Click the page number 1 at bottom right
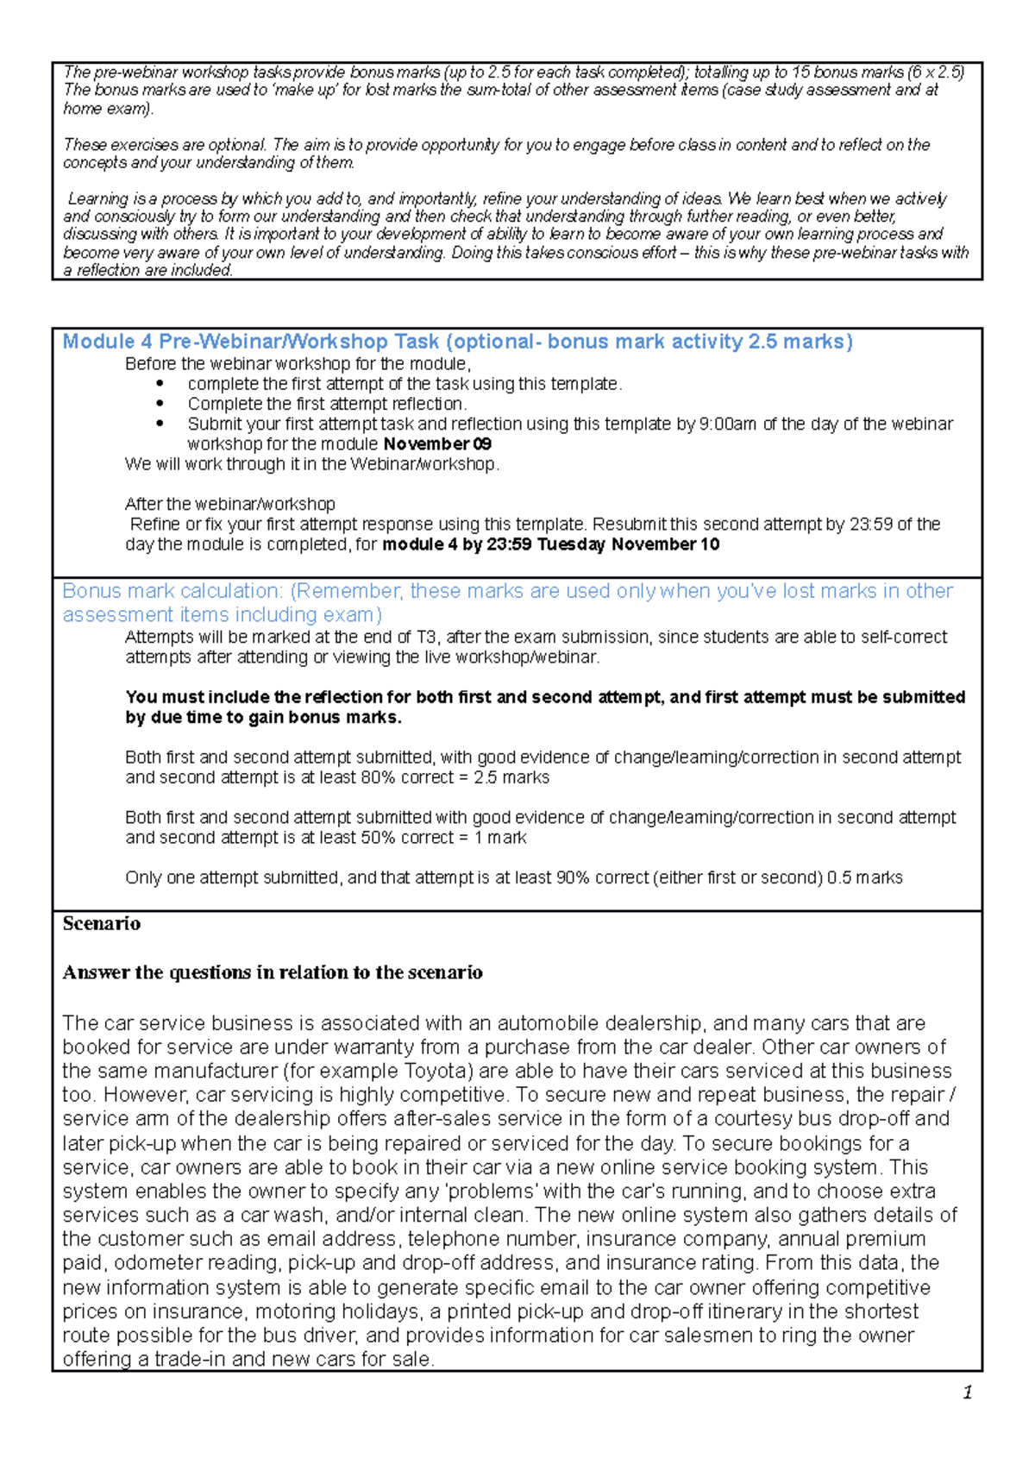pyautogui.click(x=968, y=1393)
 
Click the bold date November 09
pyautogui.click(x=437, y=444)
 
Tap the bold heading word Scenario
pyautogui.click(x=102, y=924)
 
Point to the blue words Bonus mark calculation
pyautogui.click(x=172, y=591)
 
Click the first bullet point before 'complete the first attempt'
pyautogui.click(x=160, y=384)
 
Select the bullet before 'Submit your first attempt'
pyautogui.click(x=160, y=424)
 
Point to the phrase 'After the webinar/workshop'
pyautogui.click(x=229, y=504)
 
